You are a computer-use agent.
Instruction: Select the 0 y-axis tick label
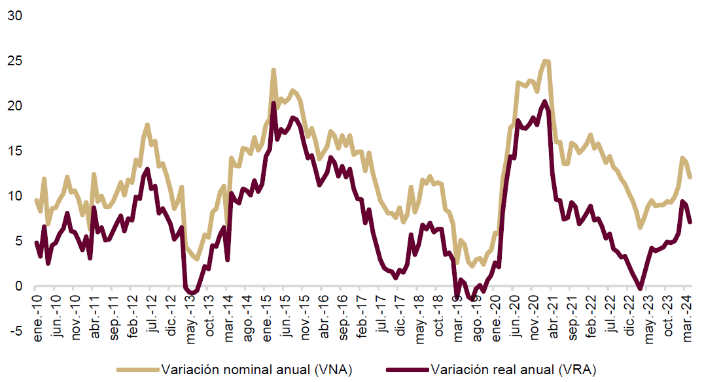[x=18, y=286]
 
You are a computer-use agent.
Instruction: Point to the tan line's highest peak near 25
[x=546, y=61]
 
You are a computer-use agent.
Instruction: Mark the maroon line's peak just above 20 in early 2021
[x=546, y=101]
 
